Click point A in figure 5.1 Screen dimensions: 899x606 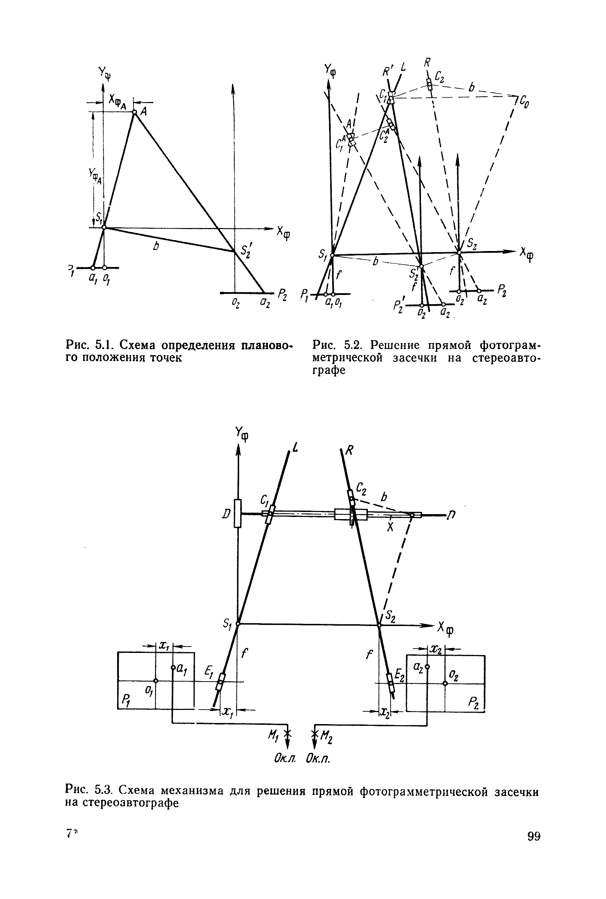pos(134,112)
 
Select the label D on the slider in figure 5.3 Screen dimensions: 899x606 pos(227,514)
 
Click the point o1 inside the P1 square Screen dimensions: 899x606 pos(155,681)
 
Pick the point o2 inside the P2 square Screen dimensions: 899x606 pos(445,683)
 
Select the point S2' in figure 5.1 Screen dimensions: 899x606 pos(234,251)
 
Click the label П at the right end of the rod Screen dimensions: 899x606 pos(452,515)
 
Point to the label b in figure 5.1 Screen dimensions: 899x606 pos(156,246)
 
